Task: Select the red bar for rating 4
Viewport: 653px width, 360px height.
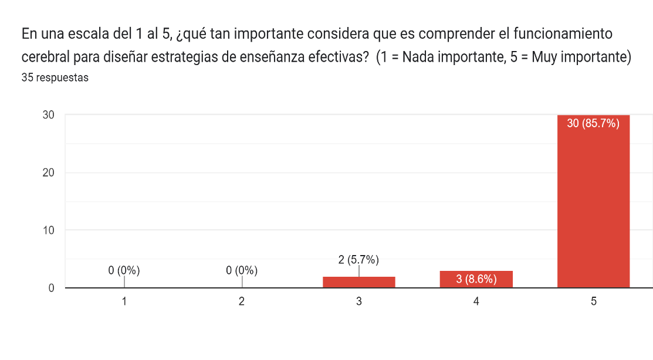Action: pos(476,279)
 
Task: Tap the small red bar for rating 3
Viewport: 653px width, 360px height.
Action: pos(358,282)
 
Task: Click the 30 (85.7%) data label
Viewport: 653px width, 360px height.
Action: pos(593,123)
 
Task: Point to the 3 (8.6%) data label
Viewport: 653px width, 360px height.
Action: pos(476,279)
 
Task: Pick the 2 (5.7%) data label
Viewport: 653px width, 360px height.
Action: pos(358,259)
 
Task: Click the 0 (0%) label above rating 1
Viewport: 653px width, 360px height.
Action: pos(124,270)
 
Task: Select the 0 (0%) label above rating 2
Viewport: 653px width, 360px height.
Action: pos(241,270)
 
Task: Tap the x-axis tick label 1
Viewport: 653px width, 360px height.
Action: pos(124,301)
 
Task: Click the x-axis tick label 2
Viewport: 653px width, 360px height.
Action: pos(241,301)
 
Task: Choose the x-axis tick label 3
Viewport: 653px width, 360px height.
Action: pos(358,301)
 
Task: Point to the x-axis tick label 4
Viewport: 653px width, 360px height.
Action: pos(476,301)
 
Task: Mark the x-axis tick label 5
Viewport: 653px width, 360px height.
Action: pos(593,301)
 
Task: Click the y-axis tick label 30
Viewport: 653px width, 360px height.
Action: pos(48,115)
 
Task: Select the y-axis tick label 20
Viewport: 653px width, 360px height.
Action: pos(48,172)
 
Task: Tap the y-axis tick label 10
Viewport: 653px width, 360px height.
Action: pos(48,230)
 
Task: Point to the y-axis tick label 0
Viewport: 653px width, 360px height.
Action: pos(51,288)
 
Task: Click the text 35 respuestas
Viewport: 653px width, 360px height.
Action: pos(55,77)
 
